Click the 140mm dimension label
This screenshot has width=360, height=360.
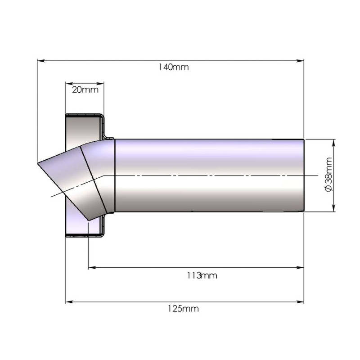coord(174,67)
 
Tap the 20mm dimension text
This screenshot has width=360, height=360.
coord(85,90)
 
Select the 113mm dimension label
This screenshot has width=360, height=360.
coord(202,275)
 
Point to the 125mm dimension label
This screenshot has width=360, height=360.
coord(183,309)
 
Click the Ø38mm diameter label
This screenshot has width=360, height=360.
coord(329,175)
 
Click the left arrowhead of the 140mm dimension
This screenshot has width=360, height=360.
coord(41,61)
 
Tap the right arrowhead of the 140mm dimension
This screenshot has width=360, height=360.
coord(300,61)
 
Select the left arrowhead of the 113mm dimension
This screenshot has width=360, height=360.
coord(92,267)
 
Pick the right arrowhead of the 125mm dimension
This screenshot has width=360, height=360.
coord(300,302)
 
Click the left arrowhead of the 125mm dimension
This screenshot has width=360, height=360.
coord(70,302)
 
